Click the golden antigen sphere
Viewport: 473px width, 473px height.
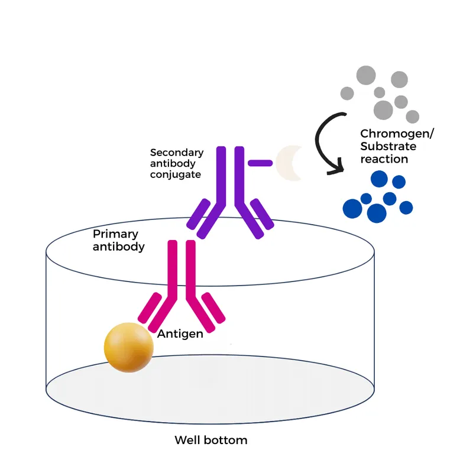[x=128, y=347]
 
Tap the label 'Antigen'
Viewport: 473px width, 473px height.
[x=180, y=334]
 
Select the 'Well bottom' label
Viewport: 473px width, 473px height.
[x=210, y=440]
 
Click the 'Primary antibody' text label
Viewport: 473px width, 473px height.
[x=118, y=240]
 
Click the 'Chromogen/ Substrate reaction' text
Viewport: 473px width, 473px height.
[x=396, y=147]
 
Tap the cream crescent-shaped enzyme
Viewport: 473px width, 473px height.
[x=289, y=163]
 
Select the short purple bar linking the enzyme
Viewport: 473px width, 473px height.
[x=260, y=162]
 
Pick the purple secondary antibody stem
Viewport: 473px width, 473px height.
[x=231, y=177]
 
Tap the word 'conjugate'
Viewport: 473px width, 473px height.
[x=176, y=174]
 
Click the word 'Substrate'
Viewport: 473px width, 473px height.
[x=388, y=147]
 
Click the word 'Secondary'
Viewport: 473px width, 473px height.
[x=177, y=152]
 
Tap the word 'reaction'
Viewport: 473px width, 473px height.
[x=384, y=159]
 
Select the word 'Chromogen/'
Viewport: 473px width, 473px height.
[x=397, y=134]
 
